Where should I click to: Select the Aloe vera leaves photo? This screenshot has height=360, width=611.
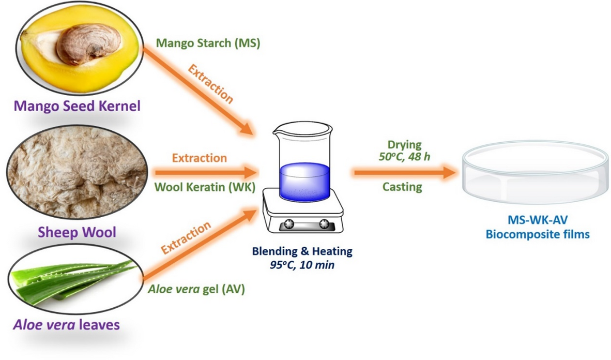[x=75, y=282]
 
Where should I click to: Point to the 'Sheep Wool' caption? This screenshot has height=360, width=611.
[x=77, y=232]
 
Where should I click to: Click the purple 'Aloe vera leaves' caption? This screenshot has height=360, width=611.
[x=66, y=325]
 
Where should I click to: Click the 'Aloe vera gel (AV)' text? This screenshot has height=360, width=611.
[x=196, y=289]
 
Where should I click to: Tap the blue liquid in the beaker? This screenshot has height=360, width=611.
[x=304, y=181]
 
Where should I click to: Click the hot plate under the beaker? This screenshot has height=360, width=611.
[x=303, y=215]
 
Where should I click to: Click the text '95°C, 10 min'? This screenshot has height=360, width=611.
[x=302, y=264]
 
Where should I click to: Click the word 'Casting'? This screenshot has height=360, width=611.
[x=402, y=187]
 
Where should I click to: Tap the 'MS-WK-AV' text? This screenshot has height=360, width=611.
[x=538, y=220]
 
